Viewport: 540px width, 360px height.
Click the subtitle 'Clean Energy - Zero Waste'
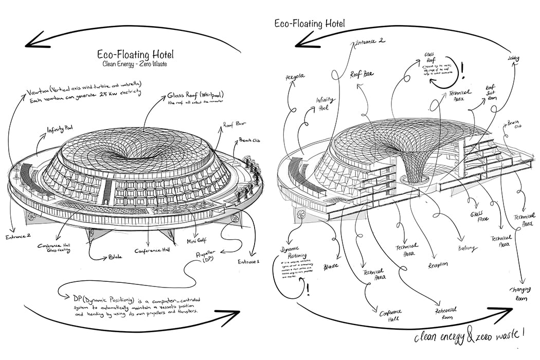(x=135, y=65)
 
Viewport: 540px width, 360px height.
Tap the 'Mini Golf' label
(x=199, y=241)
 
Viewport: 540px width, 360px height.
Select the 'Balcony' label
(x=468, y=248)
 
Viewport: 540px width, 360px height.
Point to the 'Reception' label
(x=438, y=264)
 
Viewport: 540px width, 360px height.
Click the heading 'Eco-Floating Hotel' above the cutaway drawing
(x=309, y=23)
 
